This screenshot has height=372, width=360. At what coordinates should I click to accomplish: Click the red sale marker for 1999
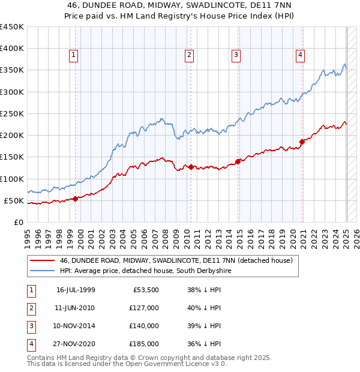point(75,199)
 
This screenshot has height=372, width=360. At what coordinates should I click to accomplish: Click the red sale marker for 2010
point(191,167)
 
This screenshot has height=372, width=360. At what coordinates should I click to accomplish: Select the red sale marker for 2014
point(238,161)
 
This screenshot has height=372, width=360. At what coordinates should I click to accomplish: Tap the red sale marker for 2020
point(302,142)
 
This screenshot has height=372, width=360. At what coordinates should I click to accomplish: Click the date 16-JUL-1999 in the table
point(76,290)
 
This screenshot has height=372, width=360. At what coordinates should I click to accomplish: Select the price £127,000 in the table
point(143,308)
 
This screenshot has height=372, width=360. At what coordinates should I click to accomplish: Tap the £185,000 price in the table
point(143,344)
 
